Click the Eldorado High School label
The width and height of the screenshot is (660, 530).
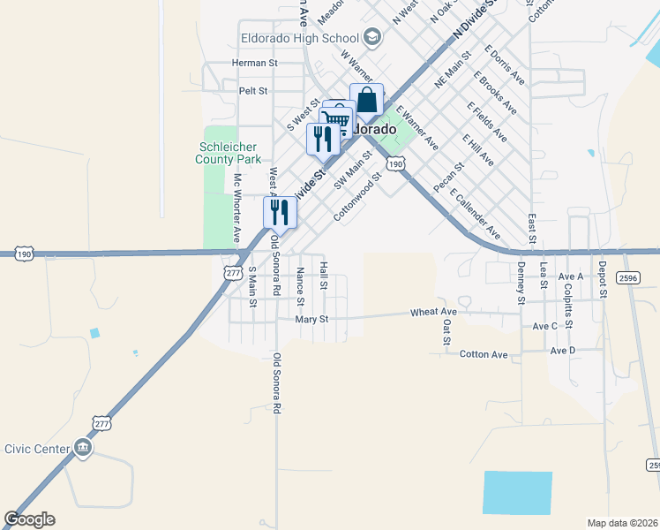[300, 38]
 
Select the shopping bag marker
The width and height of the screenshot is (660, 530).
[367, 101]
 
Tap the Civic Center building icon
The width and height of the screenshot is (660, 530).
[84, 448]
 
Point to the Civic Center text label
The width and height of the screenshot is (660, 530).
[37, 449]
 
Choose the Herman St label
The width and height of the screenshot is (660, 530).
[254, 64]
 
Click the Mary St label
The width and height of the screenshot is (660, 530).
[311, 319]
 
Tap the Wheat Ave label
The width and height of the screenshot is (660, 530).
[433, 312]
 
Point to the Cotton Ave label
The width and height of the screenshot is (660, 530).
[484, 354]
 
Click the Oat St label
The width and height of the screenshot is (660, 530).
[446, 333]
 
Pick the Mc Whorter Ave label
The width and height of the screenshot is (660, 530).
[236, 208]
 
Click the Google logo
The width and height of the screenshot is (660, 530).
[29, 519]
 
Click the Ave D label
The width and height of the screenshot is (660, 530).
[562, 351]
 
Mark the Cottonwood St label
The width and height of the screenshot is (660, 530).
[356, 197]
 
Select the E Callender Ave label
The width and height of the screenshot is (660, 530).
[475, 214]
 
